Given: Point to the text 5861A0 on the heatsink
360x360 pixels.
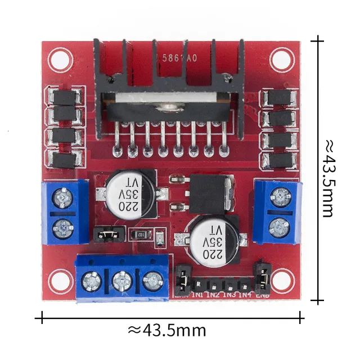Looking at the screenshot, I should coord(179,58).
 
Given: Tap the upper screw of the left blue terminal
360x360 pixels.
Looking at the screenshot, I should coord(62,197).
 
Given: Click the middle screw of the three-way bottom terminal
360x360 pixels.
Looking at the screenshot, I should coord(121,280).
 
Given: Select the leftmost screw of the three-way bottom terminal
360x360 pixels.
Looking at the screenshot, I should coord(92,279).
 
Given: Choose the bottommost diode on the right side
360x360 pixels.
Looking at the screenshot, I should coord(279,160).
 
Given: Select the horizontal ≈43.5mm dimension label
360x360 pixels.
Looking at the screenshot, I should coord(167,330).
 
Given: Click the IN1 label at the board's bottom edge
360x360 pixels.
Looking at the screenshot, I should coord(198,294).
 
